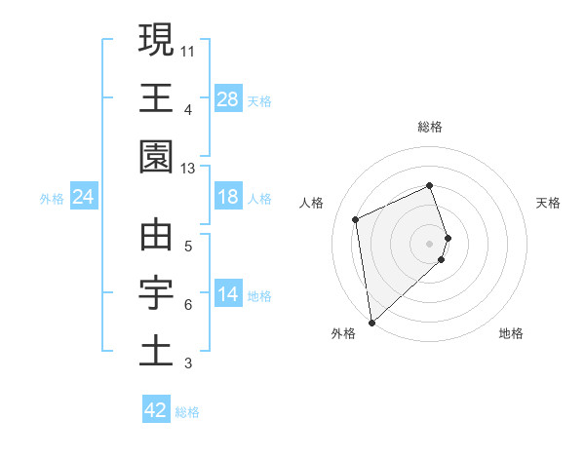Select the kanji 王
click(156, 97)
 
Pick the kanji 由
click(156, 235)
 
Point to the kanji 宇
click(156, 293)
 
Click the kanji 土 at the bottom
click(156, 352)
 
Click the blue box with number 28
click(228, 99)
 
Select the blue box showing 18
click(228, 198)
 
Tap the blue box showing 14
click(228, 295)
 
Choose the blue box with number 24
click(83, 198)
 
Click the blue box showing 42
click(156, 410)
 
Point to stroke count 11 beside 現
click(187, 50)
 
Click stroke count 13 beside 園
click(187, 168)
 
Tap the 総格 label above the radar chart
click(430, 127)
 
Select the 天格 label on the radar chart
click(548, 203)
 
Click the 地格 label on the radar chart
click(511, 334)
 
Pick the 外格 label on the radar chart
click(343, 334)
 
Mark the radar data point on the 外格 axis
click(371, 322)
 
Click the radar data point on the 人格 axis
click(356, 218)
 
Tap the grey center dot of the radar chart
click(430, 242)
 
